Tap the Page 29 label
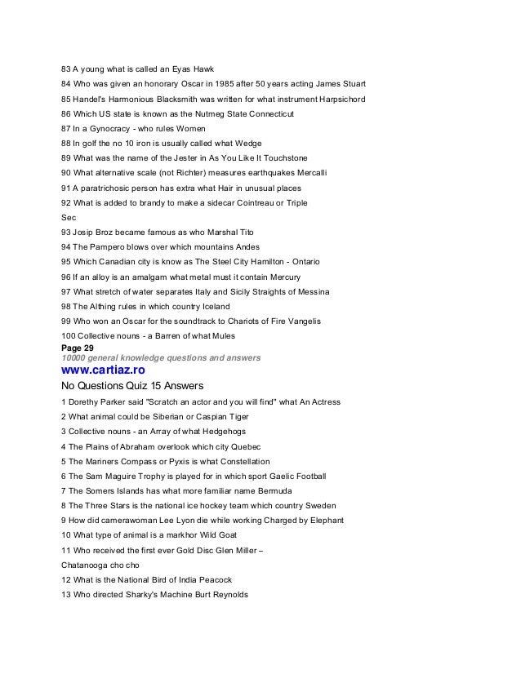pyautogui.click(x=78, y=348)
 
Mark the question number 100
pyautogui.click(x=69, y=335)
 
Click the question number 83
pyautogui.click(x=67, y=69)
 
